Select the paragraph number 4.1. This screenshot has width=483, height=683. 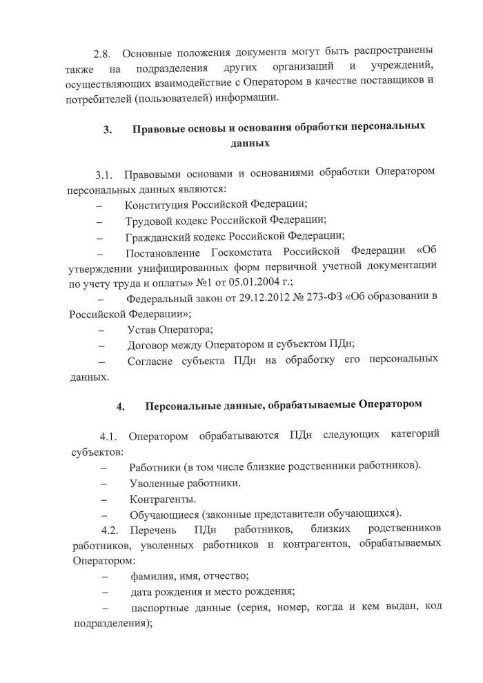coord(110,436)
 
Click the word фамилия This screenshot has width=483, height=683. coord(153,575)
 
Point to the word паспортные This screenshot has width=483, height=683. coord(163,607)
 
